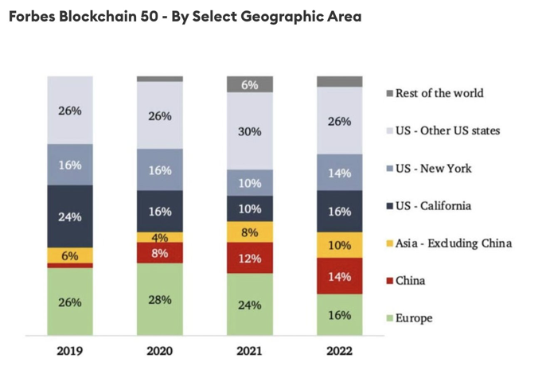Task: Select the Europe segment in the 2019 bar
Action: (70, 302)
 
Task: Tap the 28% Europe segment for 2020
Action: (160, 299)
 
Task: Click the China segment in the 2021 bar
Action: (250, 258)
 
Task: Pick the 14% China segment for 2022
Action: (340, 276)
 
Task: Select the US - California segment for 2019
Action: (70, 216)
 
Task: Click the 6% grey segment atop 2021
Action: (250, 84)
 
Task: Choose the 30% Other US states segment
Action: (250, 131)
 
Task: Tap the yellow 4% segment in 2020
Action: (160, 237)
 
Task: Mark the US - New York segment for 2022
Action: (340, 172)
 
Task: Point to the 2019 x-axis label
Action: (70, 349)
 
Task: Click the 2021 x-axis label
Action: (250, 349)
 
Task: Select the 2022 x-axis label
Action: (340, 349)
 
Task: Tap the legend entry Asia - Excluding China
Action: (453, 243)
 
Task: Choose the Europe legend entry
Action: (414, 318)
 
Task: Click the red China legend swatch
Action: (388, 281)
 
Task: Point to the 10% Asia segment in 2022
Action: (340, 244)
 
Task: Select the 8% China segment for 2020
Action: (160, 253)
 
